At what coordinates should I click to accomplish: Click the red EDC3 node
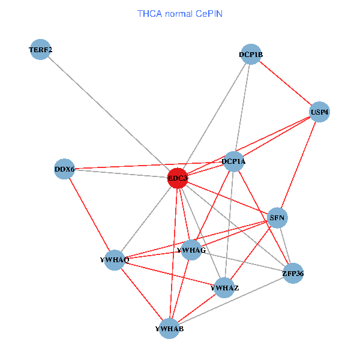coord(178,178)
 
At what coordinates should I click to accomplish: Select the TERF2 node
coord(40,49)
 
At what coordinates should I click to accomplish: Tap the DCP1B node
coord(251,54)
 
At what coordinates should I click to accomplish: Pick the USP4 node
coord(319,112)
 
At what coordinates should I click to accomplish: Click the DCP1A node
coord(234,161)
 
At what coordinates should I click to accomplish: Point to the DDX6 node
coord(64,169)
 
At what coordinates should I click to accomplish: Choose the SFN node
coord(277,218)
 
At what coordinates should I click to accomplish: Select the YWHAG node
coord(191,250)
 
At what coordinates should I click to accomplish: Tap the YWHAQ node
coord(115,260)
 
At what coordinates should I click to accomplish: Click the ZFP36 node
coord(293,273)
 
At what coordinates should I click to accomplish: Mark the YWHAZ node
coord(224,287)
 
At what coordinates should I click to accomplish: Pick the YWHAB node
coord(169,329)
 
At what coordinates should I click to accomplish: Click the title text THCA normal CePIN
coord(180,14)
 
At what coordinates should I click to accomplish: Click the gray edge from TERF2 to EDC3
coord(109,113)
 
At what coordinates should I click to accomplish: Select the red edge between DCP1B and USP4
coord(285,83)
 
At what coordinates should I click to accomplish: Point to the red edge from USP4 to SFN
coord(298,165)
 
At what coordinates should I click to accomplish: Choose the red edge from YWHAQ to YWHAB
coord(142,295)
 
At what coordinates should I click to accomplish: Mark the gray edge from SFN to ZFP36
coord(285,245)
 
